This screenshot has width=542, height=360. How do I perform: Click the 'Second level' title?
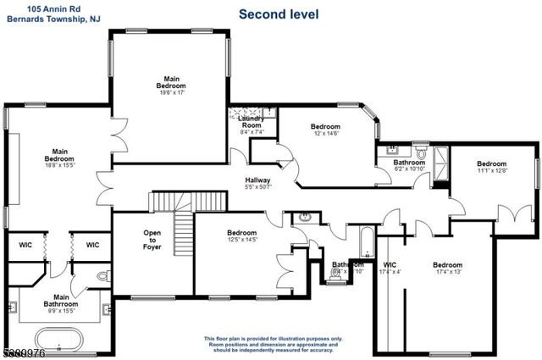279,14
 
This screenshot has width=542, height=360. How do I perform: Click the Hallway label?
258,184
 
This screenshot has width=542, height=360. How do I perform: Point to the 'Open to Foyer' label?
152,241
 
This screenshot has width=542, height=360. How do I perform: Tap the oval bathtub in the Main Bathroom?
59,341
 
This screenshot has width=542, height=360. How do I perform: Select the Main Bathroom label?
62,302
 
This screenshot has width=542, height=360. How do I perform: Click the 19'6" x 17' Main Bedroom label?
170,86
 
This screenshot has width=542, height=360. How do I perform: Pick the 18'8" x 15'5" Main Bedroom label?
59,159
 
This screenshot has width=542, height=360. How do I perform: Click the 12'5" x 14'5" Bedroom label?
241,236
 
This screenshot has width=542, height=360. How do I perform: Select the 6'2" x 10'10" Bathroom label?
408,165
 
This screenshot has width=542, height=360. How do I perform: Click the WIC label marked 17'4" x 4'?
390,269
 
